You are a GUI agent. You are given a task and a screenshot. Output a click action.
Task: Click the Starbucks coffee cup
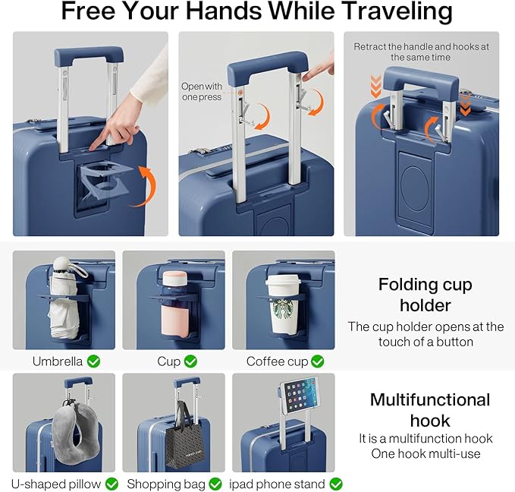point(283,307)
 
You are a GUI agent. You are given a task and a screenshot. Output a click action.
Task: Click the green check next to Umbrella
point(94,361)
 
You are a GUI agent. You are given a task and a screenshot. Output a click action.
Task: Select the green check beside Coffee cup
point(317,361)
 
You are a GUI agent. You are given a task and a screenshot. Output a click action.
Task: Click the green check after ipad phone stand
point(336,484)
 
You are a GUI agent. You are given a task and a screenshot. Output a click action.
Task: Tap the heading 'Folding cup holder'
point(425,295)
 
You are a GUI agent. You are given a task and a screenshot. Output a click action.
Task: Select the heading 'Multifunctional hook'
point(429,410)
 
